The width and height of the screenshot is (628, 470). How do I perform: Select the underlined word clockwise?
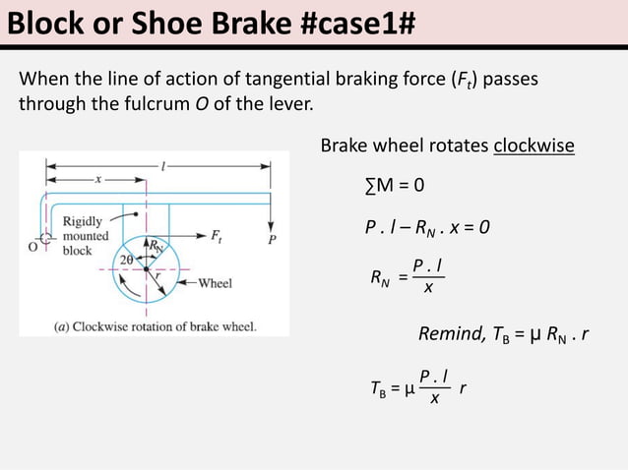click(534, 146)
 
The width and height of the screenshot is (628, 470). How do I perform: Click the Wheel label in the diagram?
click(215, 283)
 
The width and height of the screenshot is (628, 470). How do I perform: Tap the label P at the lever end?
click(273, 238)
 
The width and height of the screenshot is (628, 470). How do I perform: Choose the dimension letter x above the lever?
click(96, 179)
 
